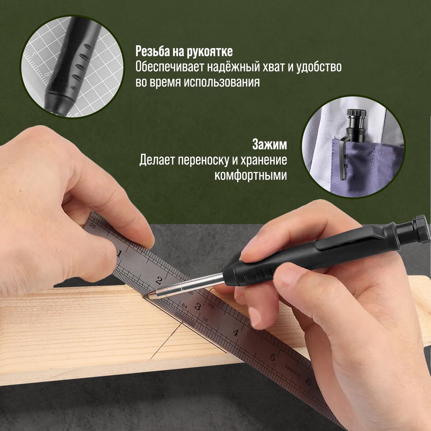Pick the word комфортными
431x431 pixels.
(251, 176)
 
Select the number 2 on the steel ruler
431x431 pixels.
(159, 280)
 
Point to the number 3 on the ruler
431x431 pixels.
(198, 306)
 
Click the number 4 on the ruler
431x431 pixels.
(235, 333)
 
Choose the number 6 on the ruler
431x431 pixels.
(308, 382)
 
